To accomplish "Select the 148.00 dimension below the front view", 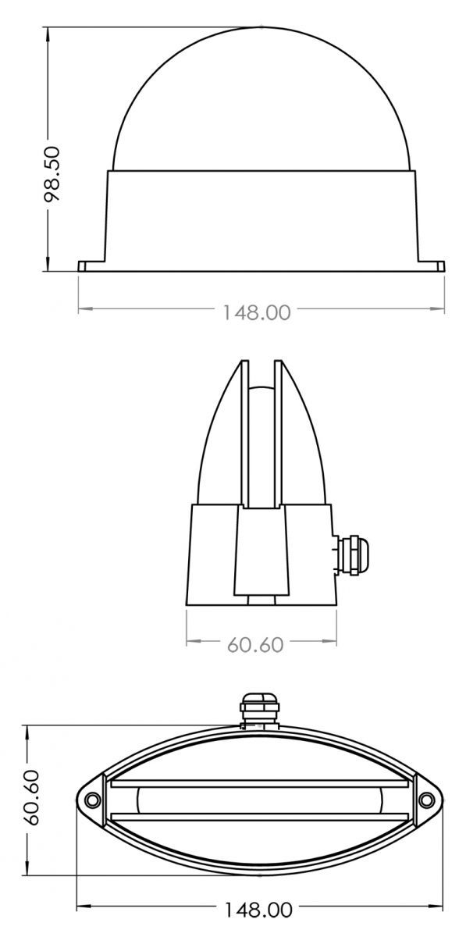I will (256, 313).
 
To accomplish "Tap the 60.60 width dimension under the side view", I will (254, 644).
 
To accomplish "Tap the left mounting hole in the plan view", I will (93, 800).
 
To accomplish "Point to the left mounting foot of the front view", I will (92, 265).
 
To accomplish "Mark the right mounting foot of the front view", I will (431, 265).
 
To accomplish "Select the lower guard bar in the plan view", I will (260, 818).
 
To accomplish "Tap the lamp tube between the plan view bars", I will (260, 800).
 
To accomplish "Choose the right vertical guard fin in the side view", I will (276, 437).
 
